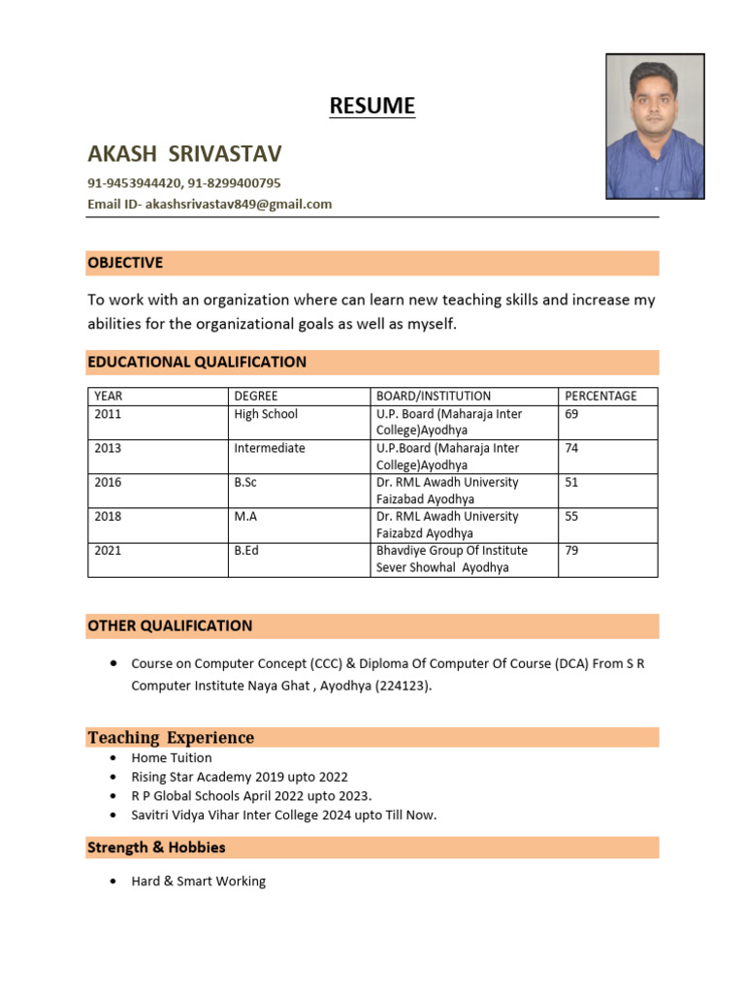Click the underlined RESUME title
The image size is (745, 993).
[x=372, y=106]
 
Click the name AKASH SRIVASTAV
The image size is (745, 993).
[x=184, y=154]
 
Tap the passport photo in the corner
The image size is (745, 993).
[x=655, y=126]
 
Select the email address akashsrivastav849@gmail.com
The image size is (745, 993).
[x=238, y=205]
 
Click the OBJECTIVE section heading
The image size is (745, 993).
[x=125, y=263]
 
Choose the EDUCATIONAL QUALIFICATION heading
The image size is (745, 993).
[x=197, y=362]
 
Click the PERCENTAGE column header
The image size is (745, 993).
[x=600, y=396]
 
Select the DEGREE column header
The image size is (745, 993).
[x=256, y=396]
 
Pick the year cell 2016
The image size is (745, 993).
[x=109, y=482]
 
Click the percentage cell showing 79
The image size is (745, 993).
[x=572, y=551]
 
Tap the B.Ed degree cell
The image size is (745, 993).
[x=246, y=551]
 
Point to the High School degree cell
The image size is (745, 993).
[x=266, y=414]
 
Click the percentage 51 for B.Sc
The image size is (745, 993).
[x=572, y=482]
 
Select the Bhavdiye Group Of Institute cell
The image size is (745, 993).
[x=452, y=551]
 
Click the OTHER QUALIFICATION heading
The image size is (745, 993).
[x=170, y=625]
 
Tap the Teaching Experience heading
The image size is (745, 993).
[x=171, y=738]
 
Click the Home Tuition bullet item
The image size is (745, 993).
[x=172, y=758]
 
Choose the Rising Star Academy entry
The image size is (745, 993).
[x=240, y=777]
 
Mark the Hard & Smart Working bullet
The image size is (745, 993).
[x=199, y=881]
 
